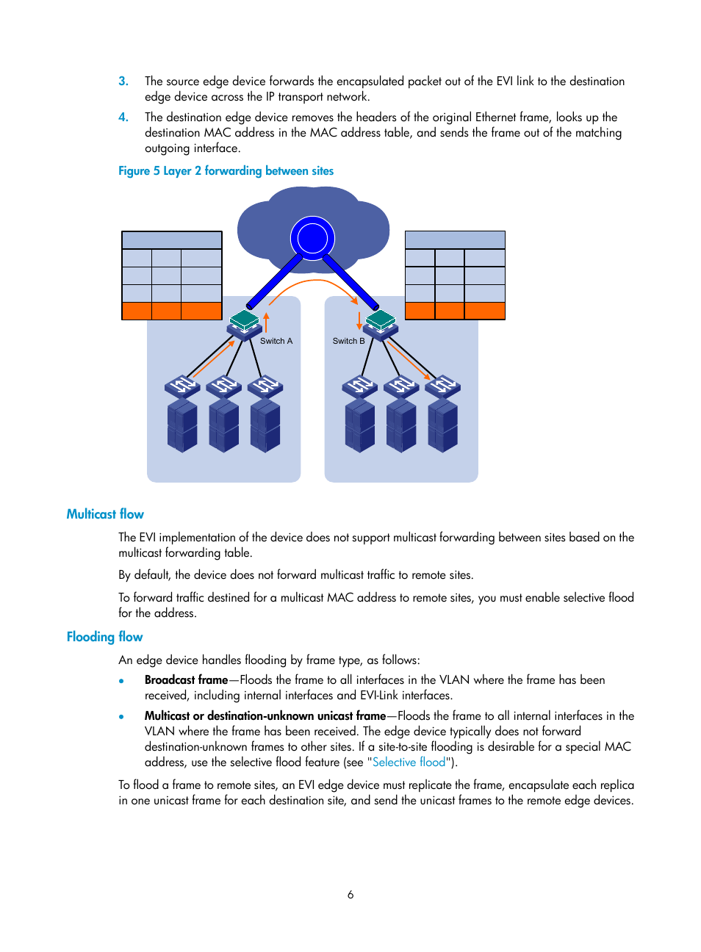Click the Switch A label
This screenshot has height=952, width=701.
(276, 341)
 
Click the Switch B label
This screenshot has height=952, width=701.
(348, 341)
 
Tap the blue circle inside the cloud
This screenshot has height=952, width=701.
(312, 237)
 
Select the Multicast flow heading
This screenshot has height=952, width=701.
(105, 514)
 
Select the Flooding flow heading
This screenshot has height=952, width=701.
(104, 637)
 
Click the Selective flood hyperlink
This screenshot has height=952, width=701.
(409, 762)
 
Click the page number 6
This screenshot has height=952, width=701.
(350, 895)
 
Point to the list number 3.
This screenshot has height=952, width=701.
(123, 82)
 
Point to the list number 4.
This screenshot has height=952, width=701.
(123, 118)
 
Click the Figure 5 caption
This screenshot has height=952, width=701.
(226, 171)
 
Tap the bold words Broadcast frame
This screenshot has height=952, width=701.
(186, 680)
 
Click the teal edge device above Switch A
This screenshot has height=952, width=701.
(244, 321)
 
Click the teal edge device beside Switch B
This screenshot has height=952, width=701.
(381, 321)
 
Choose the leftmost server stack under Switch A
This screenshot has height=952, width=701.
(182, 425)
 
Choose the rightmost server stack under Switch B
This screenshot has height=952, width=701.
(443, 425)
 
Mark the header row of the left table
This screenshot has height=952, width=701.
(172, 240)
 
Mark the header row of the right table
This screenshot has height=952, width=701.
(455, 240)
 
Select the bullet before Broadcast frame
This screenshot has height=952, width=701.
(121, 681)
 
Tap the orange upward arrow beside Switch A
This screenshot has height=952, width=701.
(267, 322)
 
